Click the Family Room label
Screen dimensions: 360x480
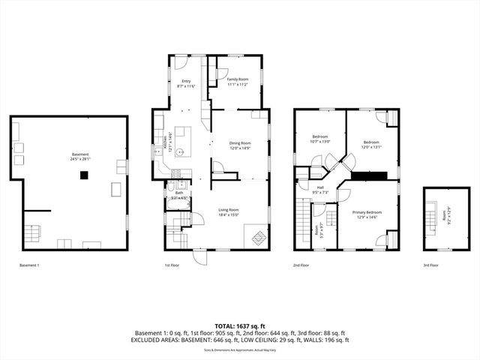point(238,81)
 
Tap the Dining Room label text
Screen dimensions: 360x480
point(240,145)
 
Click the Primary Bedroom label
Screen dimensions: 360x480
point(368,214)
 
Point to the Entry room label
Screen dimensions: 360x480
point(186,84)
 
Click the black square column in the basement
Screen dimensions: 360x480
point(85,175)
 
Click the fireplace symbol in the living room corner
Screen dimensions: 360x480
point(256,238)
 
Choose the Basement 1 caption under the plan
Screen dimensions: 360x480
point(29,265)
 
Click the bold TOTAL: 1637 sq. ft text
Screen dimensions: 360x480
point(240,327)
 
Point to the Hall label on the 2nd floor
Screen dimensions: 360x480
point(320,190)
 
